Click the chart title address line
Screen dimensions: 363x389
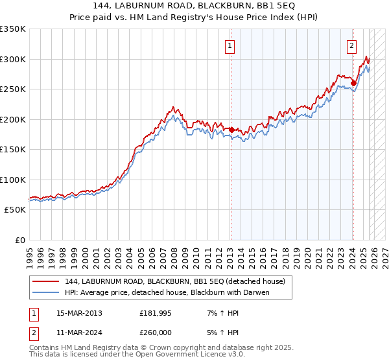tap(194, 7)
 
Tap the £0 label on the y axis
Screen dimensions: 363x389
tap(20, 240)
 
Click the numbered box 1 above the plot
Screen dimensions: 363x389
tap(231, 45)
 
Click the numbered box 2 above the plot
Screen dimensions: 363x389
tap(351, 45)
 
